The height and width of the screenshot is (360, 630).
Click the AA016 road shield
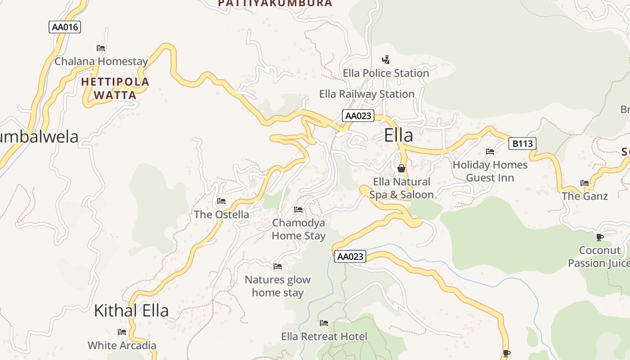(x=64, y=27)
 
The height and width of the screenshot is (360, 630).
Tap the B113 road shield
(x=522, y=144)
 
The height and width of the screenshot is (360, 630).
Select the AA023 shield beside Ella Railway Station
(x=358, y=116)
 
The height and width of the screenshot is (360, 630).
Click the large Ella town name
(x=398, y=135)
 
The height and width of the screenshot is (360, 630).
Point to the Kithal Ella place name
(x=131, y=310)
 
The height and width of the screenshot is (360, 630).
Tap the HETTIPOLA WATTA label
(x=115, y=89)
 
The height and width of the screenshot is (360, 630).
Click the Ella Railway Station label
(x=367, y=94)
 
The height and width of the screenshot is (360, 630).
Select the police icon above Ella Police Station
(x=386, y=59)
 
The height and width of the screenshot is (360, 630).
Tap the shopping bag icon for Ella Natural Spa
(x=401, y=168)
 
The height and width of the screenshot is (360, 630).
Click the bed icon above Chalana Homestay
(x=101, y=48)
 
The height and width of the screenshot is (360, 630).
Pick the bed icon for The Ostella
(x=221, y=201)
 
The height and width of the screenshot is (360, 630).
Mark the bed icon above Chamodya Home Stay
(x=298, y=210)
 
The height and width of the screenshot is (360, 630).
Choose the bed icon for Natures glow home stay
(x=278, y=266)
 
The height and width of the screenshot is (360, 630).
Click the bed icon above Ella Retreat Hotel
(x=324, y=323)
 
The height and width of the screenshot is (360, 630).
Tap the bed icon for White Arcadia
(x=122, y=332)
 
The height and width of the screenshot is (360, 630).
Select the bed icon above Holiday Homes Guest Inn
(x=490, y=152)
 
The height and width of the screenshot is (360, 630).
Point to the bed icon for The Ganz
(x=585, y=183)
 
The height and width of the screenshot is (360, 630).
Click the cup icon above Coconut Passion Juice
(x=599, y=237)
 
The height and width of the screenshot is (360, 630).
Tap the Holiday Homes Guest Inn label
(x=490, y=171)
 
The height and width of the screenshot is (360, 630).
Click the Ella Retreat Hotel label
(x=324, y=337)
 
